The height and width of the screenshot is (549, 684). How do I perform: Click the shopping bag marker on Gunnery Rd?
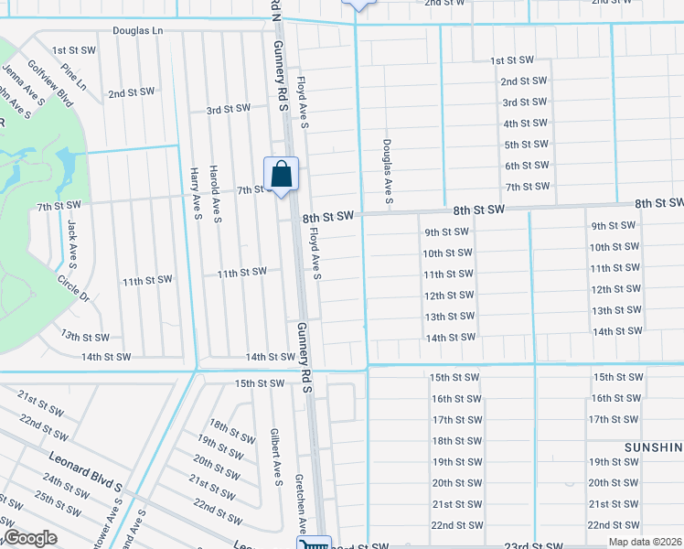pyautogui.click(x=282, y=174)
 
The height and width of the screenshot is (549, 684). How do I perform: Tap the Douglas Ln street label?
pyautogui.click(x=137, y=31)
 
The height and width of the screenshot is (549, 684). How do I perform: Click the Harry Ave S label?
pyautogui.click(x=195, y=193)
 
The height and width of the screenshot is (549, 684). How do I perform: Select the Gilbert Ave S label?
pyautogui.click(x=274, y=457)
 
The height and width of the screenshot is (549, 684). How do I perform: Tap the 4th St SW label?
pyautogui.click(x=525, y=124)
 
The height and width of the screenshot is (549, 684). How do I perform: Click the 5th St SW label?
pyautogui.click(x=526, y=145)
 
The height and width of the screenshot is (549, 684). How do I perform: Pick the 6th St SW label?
pyautogui.click(x=527, y=166)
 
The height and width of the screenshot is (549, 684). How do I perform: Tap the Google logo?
pyautogui.click(x=29, y=538)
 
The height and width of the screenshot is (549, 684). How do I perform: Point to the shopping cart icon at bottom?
pyautogui.click(x=314, y=544)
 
